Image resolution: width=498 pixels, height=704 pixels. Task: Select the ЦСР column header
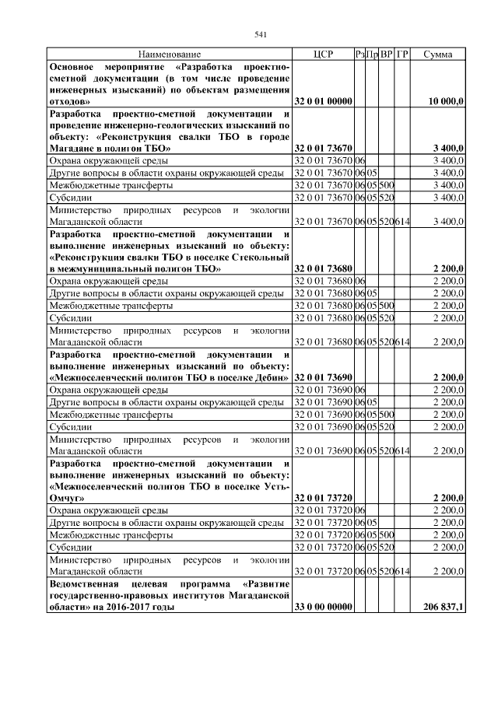(x=323, y=55)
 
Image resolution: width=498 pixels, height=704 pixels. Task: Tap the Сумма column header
(x=439, y=55)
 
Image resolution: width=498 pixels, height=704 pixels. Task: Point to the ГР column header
(x=402, y=55)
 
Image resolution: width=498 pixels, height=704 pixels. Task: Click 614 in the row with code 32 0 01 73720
(x=402, y=573)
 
